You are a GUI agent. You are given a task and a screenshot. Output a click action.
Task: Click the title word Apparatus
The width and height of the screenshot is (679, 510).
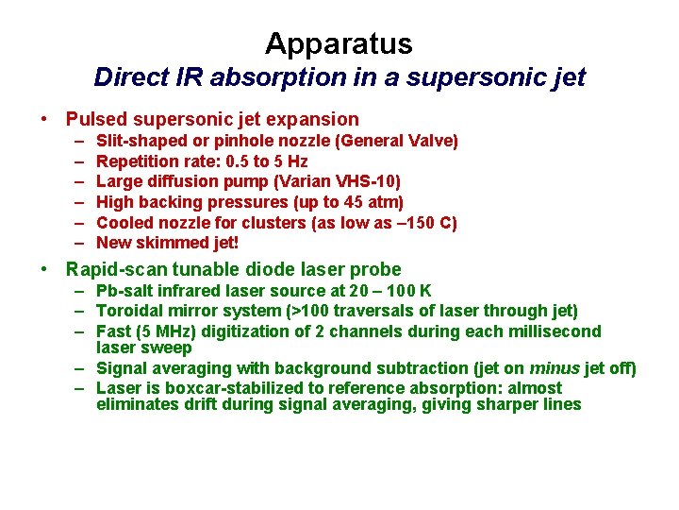[339, 43]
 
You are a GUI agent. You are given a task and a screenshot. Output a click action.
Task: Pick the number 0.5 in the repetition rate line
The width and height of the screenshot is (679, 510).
[235, 161]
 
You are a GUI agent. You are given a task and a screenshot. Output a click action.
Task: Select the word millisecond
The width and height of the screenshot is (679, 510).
[555, 331]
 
